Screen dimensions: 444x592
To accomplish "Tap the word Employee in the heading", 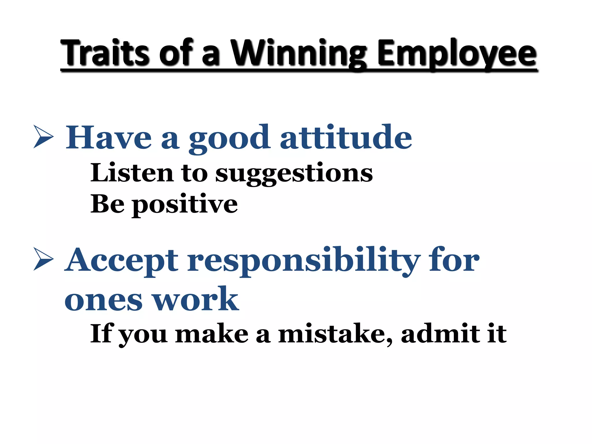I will (x=457, y=55).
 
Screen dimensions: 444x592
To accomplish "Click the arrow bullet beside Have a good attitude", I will (x=43, y=136).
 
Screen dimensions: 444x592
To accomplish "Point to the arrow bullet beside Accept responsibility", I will (x=43, y=259).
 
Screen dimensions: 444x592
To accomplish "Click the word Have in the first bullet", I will (x=109, y=138).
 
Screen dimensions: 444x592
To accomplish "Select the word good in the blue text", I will (x=230, y=139).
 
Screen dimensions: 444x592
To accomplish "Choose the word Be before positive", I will (x=108, y=204).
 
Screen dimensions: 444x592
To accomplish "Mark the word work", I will (x=195, y=299).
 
